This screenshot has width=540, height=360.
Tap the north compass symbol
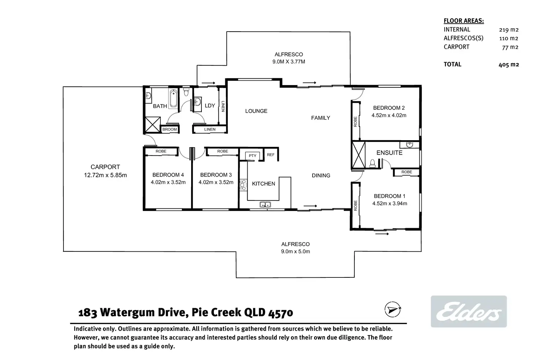coord(393,309)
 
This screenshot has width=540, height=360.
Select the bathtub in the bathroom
coord(173,99)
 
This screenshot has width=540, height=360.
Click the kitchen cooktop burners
coord(243,185)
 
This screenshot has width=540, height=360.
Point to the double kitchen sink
coord(265,204)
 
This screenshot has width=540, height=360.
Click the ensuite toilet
coord(372,163)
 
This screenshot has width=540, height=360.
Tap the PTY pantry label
coord(252,156)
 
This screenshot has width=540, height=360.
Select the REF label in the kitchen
coord(271,155)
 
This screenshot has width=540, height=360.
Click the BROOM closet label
coord(169,130)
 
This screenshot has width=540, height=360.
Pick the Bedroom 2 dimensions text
coord(389,115)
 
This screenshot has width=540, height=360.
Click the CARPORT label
coord(105,167)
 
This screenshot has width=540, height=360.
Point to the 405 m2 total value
coord(509,64)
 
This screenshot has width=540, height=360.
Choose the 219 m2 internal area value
coord(509,30)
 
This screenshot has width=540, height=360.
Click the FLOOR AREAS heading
coord(464,21)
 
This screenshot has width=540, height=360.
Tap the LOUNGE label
coord(256,111)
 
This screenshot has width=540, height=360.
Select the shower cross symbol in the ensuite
coord(358,155)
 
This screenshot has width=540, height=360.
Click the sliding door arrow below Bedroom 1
coord(382,234)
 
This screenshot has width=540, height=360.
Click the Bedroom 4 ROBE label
coord(161,151)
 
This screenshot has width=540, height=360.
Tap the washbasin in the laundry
coord(197,102)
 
